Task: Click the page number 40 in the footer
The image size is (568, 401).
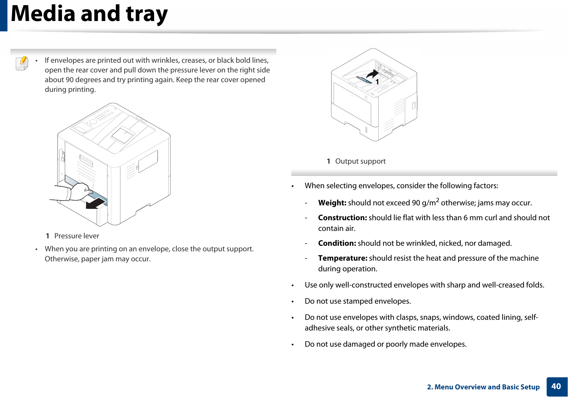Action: pyautogui.click(x=556, y=386)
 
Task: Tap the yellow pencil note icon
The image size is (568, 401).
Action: pyautogui.click(x=22, y=63)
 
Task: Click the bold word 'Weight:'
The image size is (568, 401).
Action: pyautogui.click(x=332, y=203)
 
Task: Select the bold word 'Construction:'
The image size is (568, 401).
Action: pyautogui.click(x=342, y=218)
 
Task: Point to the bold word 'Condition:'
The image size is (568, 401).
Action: pyautogui.click(x=337, y=243)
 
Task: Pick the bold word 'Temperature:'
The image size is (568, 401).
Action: pyautogui.click(x=342, y=258)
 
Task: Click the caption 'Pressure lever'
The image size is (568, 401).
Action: pyautogui.click(x=76, y=236)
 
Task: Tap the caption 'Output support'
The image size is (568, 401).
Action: pyautogui.click(x=360, y=161)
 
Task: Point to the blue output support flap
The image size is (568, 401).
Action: pyautogui.click(x=364, y=80)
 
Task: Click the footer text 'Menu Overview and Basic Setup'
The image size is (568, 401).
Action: pyautogui.click(x=487, y=387)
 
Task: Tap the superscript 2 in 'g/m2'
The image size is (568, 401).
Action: pyautogui.click(x=437, y=200)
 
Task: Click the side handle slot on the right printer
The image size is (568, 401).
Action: pyautogui.click(x=413, y=106)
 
